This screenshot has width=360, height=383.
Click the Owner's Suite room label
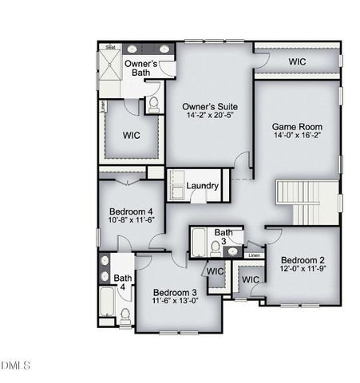click(x=211, y=105)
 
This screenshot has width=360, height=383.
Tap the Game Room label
click(x=295, y=126)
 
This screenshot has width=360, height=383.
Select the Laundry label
click(x=203, y=186)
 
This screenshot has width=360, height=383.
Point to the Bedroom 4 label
click(x=125, y=211)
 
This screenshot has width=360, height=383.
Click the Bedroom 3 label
click(x=175, y=291)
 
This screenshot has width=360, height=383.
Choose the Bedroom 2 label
click(x=303, y=260)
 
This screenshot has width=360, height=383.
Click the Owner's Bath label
click(x=141, y=69)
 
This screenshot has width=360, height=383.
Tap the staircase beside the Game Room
click(x=307, y=201)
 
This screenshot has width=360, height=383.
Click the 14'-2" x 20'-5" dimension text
click(x=211, y=116)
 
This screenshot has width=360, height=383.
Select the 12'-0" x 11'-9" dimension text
click(x=303, y=270)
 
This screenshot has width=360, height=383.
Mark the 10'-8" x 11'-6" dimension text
click(x=125, y=220)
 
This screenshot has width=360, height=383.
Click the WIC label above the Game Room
click(x=297, y=61)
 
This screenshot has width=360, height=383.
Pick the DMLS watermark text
click(x=16, y=365)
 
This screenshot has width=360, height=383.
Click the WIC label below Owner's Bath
click(x=131, y=135)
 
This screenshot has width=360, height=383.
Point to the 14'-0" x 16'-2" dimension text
click(x=295, y=136)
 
